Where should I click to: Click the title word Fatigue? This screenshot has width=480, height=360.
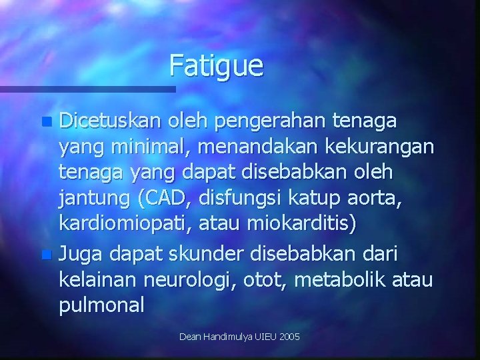click(217, 66)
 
